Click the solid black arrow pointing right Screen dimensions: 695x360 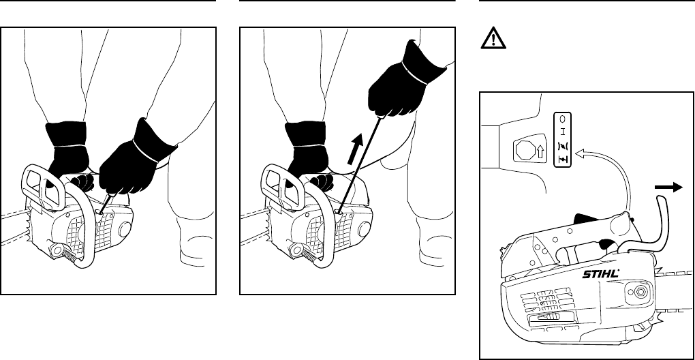coord(669,187)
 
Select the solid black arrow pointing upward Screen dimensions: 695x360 coord(355,149)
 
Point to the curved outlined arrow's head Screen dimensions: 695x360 coord(579,153)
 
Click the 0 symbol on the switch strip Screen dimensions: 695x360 coord(562,119)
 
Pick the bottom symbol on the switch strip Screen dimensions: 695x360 coord(562,159)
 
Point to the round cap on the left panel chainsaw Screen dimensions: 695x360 coord(124,229)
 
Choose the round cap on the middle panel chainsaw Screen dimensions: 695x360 coord(363,229)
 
